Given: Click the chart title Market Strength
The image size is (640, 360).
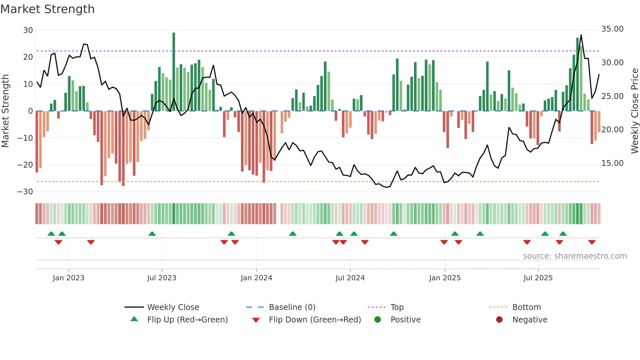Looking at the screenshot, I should [47, 9].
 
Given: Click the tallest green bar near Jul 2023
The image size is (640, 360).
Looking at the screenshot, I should [174, 72].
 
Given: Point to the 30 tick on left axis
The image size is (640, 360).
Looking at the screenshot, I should [28, 30].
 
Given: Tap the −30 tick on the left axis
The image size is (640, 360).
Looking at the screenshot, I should [25, 192].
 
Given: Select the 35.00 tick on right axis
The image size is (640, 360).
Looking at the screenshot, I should [612, 29].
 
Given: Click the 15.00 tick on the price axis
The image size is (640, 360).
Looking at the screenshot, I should [612, 163].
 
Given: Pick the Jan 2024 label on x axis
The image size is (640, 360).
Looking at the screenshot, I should [256, 278].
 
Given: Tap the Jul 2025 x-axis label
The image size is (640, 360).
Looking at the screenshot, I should [538, 278].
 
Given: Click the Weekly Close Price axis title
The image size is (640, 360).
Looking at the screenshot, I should [634, 111].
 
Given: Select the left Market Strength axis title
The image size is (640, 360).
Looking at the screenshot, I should [5, 111].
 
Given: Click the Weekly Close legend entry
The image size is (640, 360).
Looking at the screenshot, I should [173, 307].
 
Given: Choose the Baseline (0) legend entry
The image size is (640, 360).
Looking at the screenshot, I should [292, 307].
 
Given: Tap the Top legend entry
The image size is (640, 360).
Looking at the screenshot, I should [397, 307].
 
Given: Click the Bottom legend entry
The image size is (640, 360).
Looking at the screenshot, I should [526, 307].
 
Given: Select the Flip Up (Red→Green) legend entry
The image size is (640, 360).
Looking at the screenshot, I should [187, 320].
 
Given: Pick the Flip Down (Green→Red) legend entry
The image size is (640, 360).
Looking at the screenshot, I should [315, 320].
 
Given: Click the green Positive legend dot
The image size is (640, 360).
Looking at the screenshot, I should [378, 320].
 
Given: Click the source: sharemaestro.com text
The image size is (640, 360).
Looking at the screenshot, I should [575, 256].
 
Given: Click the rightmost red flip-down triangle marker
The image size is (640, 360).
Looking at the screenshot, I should [592, 242].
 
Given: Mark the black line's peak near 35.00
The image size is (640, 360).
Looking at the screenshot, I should [581, 35].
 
